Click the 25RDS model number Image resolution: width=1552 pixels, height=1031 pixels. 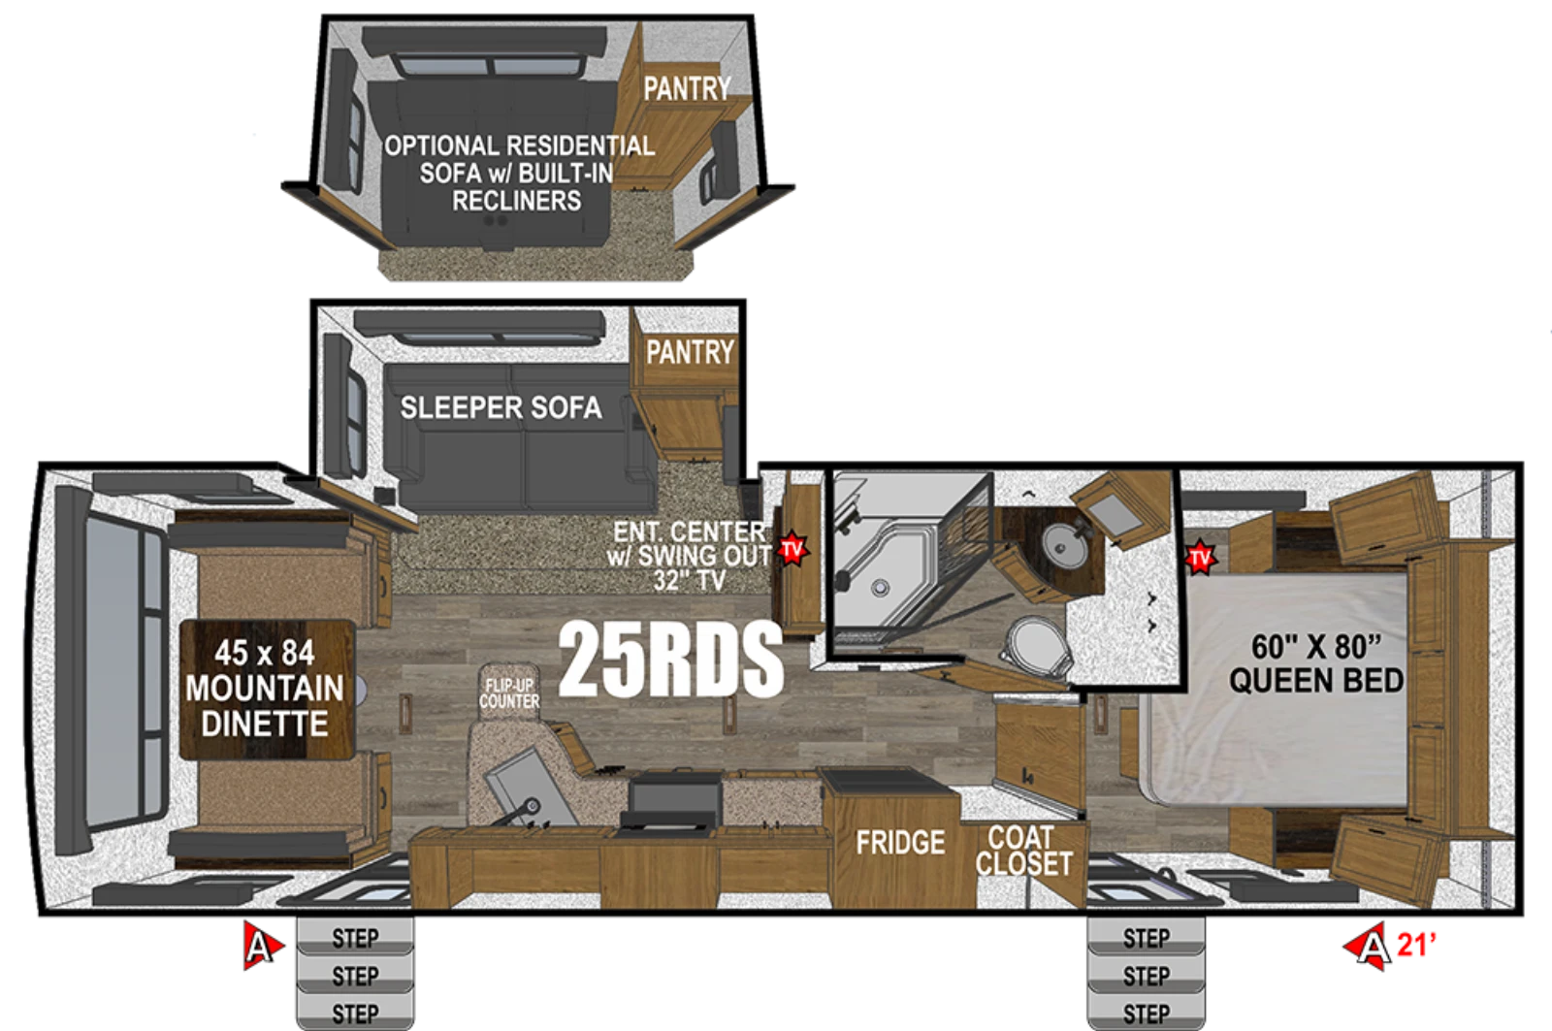pyautogui.click(x=670, y=659)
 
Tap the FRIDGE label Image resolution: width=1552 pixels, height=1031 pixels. pyautogui.click(x=900, y=843)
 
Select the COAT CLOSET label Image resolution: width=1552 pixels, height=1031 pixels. pyautogui.click(x=1024, y=851)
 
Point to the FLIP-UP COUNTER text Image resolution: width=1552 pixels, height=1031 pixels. pyautogui.click(x=509, y=693)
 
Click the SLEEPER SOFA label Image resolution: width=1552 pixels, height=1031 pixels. pyautogui.click(x=501, y=407)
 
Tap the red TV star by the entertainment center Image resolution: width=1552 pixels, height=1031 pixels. pyautogui.click(x=792, y=550)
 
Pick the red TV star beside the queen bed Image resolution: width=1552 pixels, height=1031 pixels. pyautogui.click(x=1199, y=558)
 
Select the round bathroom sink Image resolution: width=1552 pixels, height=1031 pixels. pyautogui.click(x=1060, y=545)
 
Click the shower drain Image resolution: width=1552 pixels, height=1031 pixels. pyautogui.click(x=880, y=588)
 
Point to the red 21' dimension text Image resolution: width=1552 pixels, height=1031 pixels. pyautogui.click(x=1416, y=945)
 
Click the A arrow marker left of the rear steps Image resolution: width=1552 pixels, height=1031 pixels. pyautogui.click(x=262, y=945)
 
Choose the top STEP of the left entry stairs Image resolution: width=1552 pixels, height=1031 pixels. pyautogui.click(x=355, y=938)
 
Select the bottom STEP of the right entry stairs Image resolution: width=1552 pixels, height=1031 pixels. pyautogui.click(x=1146, y=1013)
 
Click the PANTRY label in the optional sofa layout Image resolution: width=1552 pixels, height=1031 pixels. pyautogui.click(x=687, y=88)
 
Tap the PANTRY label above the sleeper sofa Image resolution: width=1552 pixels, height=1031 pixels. pyautogui.click(x=690, y=352)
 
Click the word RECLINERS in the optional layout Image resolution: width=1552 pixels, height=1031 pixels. pyautogui.click(x=517, y=201)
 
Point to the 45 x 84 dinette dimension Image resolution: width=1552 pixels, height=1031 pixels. pyautogui.click(x=265, y=654)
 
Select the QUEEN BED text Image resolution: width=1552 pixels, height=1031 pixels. pyautogui.click(x=1316, y=681)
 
